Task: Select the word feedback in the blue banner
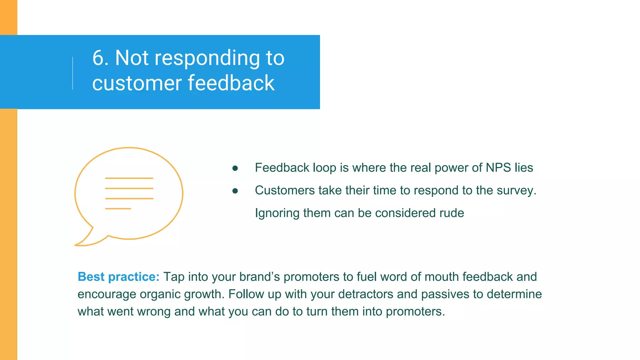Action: pos(231,83)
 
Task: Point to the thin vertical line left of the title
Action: pos(73,73)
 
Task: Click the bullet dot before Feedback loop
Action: pos(235,168)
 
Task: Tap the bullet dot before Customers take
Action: pos(235,191)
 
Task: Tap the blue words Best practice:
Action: pos(118,277)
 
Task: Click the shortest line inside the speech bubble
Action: pos(118,208)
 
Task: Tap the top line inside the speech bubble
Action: pos(129,178)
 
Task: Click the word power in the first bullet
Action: pos(451,168)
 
